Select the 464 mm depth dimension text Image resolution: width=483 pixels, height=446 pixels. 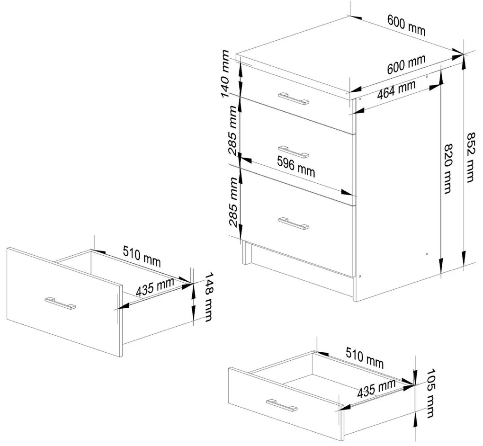click(396, 89)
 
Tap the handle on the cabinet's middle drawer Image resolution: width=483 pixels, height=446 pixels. click(294, 151)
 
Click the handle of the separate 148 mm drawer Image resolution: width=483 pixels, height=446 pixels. click(60, 303)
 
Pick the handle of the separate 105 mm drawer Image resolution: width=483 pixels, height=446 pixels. click(282, 405)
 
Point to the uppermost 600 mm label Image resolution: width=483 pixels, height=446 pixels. click(406, 26)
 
